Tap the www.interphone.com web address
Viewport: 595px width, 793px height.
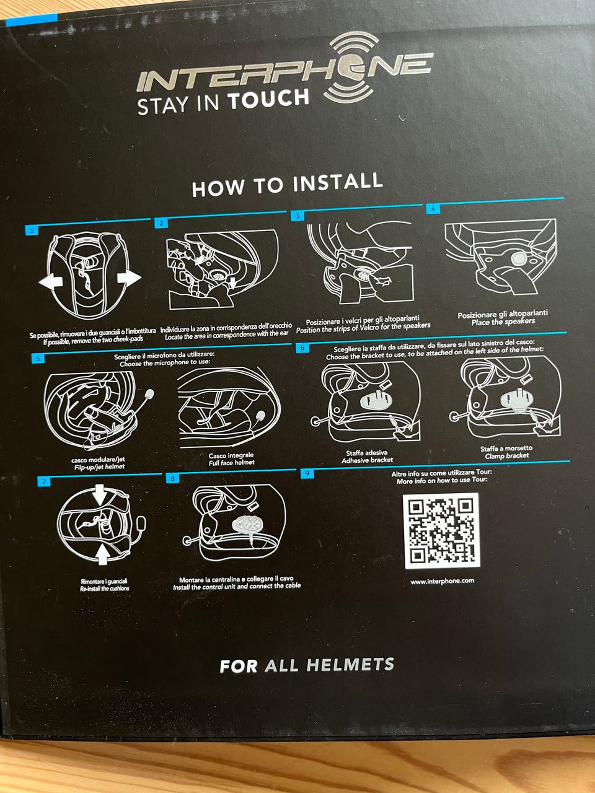pyautogui.click(x=442, y=581)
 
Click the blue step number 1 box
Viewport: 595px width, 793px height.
pyautogui.click(x=32, y=230)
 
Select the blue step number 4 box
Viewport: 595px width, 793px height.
pyautogui.click(x=433, y=209)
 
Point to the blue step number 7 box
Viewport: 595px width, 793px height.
pyautogui.click(x=44, y=481)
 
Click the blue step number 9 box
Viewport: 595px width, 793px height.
pyautogui.click(x=307, y=473)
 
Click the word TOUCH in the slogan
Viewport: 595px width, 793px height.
pyautogui.click(x=268, y=100)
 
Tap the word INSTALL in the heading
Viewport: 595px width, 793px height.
pyautogui.click(x=337, y=182)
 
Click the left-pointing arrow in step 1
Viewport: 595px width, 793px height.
pyautogui.click(x=51, y=281)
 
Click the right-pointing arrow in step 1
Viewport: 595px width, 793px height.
pyautogui.click(x=129, y=278)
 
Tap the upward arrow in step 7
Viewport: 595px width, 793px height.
pyautogui.click(x=103, y=554)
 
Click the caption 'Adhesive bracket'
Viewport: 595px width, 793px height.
pyautogui.click(x=367, y=460)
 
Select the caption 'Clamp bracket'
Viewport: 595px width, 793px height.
pyautogui.click(x=506, y=456)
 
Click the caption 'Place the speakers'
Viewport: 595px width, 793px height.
pyautogui.click(x=503, y=322)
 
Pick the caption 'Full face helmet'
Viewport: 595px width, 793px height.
pyautogui.click(x=232, y=462)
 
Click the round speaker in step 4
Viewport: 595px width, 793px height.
pyautogui.click(x=519, y=258)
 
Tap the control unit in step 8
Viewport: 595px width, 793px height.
pyautogui.click(x=247, y=525)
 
